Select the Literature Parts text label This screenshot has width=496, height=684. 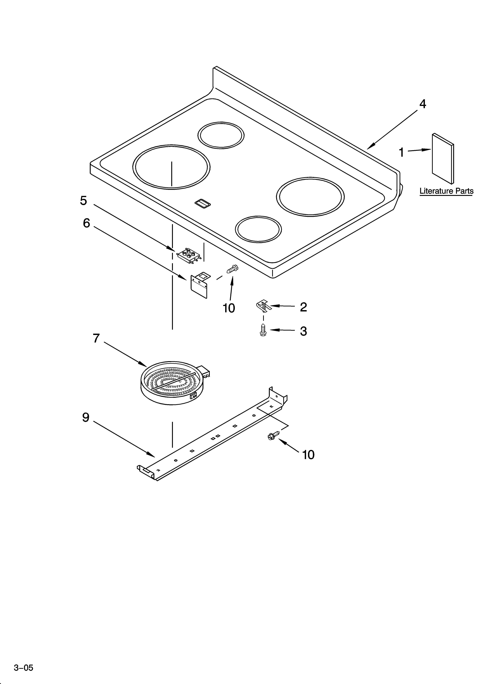(446, 191)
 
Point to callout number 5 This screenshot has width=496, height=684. (83, 201)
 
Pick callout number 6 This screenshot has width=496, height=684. (86, 223)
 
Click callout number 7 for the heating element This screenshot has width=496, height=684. (96, 338)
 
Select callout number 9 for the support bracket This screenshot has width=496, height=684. (86, 417)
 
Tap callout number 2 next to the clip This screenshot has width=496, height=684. (303, 307)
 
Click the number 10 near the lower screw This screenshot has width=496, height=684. (308, 455)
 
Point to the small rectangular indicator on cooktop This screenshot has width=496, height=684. (203, 204)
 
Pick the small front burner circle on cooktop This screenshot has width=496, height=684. (258, 229)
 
